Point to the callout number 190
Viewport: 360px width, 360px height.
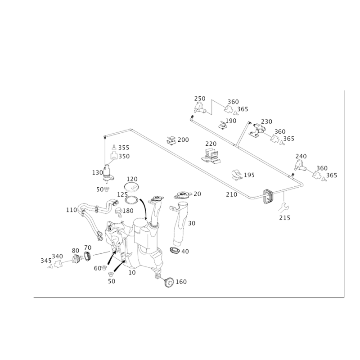pos(231,121)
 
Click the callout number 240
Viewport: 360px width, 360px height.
pos(301,156)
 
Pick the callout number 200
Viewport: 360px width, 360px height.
pos(183,140)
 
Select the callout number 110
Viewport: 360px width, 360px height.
pos(71,209)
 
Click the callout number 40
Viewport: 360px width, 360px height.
pos(185,251)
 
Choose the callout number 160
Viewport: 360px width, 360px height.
pos(181,282)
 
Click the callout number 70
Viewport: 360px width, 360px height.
pos(197,194)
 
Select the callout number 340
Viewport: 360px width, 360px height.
pos(57,256)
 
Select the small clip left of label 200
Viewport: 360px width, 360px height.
pos(171,140)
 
